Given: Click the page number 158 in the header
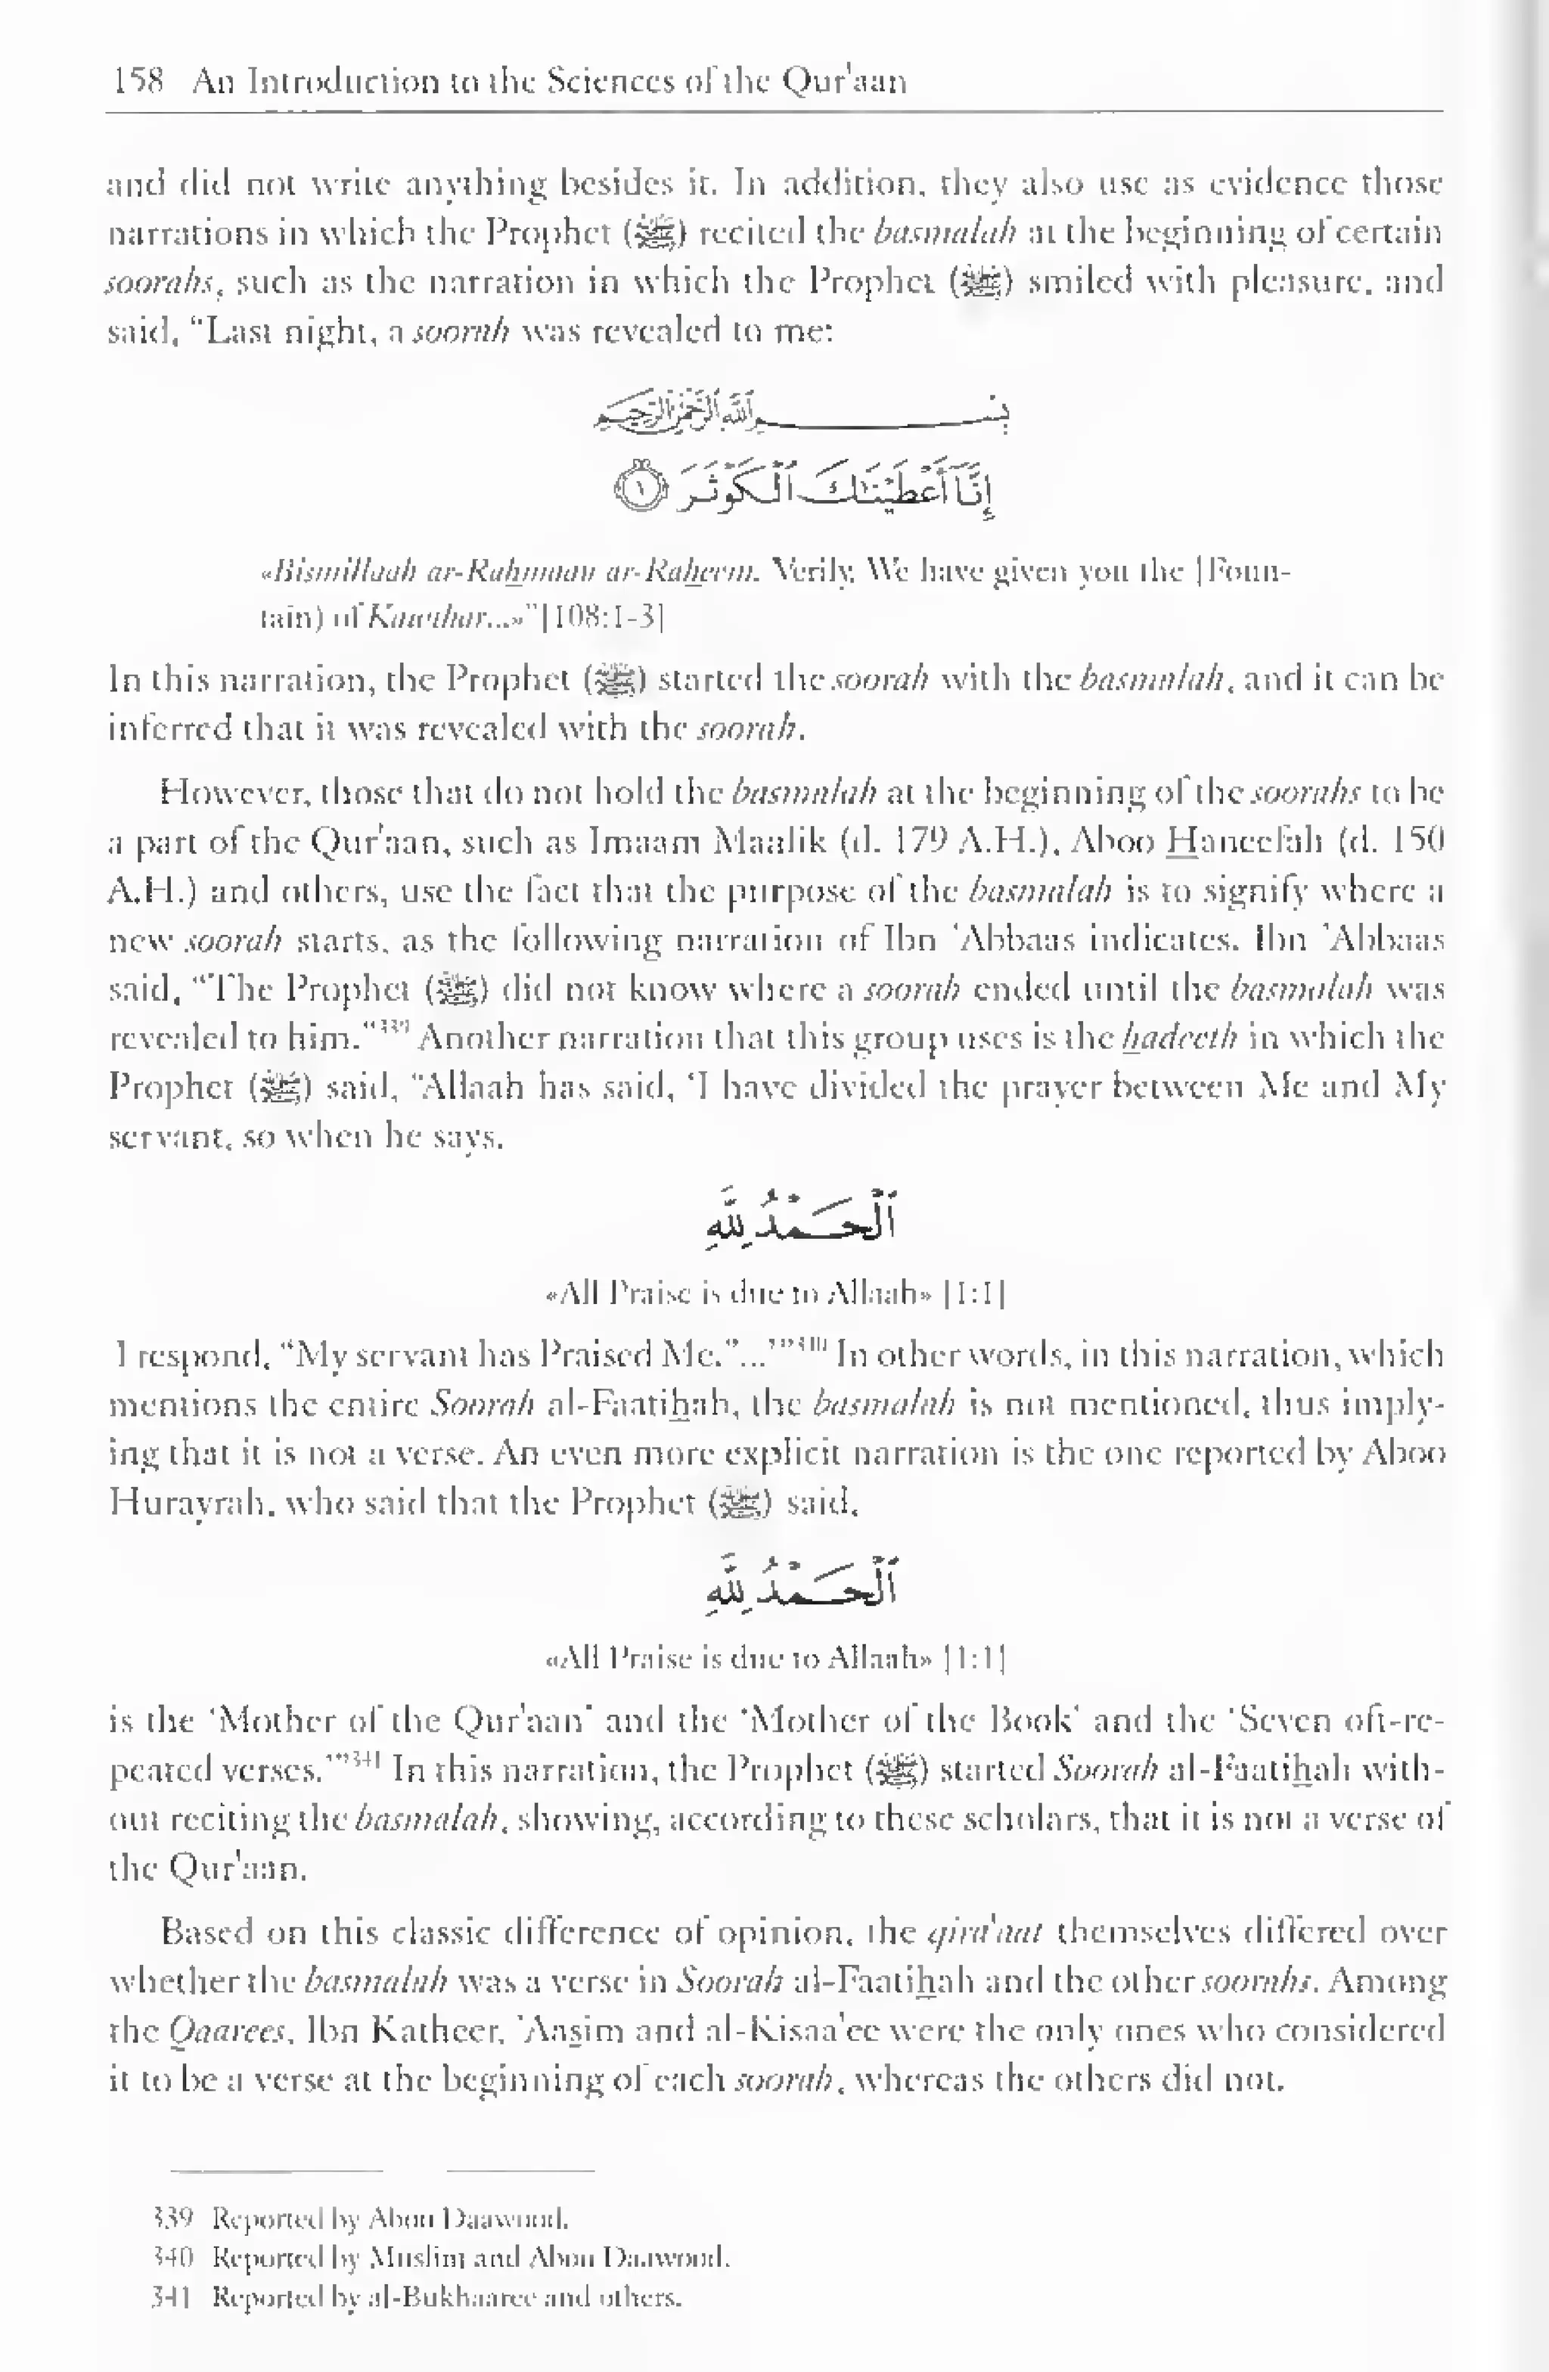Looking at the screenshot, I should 138,81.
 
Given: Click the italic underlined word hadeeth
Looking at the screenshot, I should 1179,1038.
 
